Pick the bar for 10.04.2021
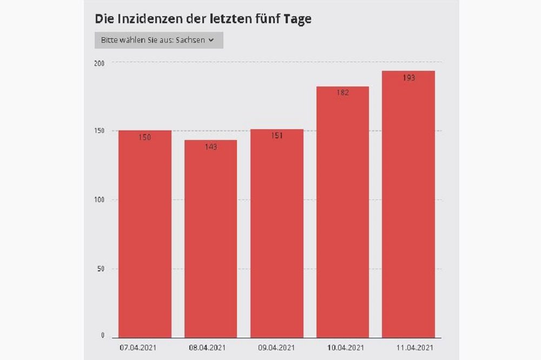click(342, 216)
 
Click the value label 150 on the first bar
click(145, 137)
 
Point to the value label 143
click(211, 147)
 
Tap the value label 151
click(277, 136)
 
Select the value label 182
click(342, 92)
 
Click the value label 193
click(408, 78)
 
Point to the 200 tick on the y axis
click(99, 63)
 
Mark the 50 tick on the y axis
click(101, 269)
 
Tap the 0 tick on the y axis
click(102, 336)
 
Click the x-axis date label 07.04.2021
click(138, 347)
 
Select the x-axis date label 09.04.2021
click(276, 347)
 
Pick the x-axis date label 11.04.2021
click(415, 347)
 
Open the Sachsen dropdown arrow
click(211, 41)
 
